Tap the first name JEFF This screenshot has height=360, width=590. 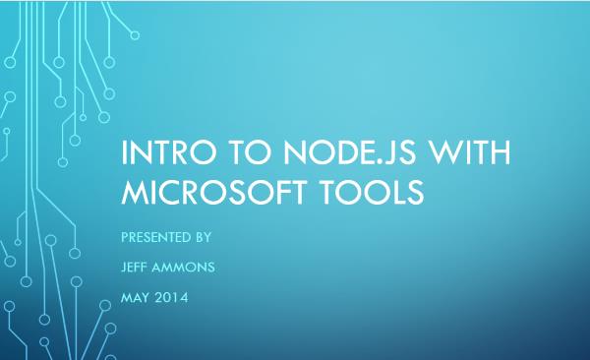[x=133, y=267]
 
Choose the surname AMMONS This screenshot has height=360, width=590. [x=186, y=267]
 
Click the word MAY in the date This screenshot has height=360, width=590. [x=133, y=295]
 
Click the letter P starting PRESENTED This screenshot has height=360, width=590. [x=123, y=238]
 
